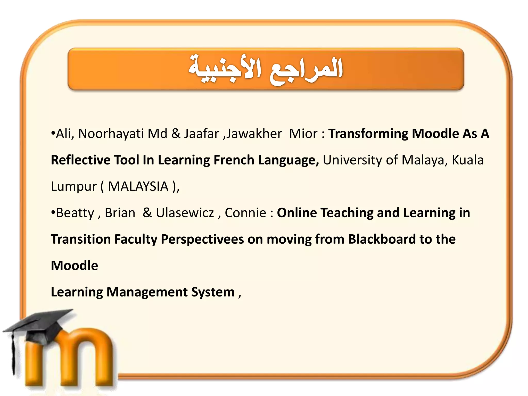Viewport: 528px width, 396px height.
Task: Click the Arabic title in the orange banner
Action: coord(266,69)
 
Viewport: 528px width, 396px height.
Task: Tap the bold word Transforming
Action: coord(368,134)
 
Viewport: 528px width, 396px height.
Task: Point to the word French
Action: coord(234,160)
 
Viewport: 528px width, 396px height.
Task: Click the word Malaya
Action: coord(423,160)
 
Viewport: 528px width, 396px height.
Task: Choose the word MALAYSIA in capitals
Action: coord(138,186)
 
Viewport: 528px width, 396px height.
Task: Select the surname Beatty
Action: coord(75,213)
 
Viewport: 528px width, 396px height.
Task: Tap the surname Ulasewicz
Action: coord(185,213)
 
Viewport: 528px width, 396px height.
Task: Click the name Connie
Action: coord(245,213)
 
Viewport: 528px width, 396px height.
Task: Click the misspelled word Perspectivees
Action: coord(202,240)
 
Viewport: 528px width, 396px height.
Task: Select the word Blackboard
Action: coord(382,239)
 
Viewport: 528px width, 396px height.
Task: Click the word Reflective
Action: coord(80,160)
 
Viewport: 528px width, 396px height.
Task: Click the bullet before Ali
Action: coord(53,133)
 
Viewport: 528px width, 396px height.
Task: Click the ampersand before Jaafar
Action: coord(176,134)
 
